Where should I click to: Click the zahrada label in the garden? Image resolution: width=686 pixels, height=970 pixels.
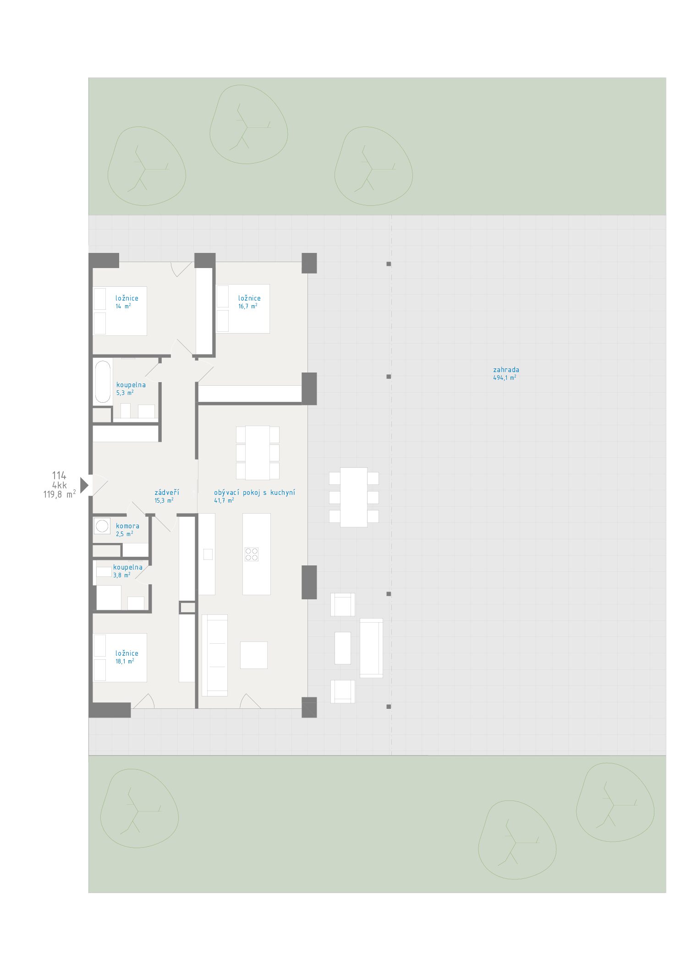pyautogui.click(x=506, y=370)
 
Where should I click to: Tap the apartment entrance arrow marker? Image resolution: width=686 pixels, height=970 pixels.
pyautogui.click(x=84, y=485)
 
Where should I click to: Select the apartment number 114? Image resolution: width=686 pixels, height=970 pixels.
pyautogui.click(x=59, y=476)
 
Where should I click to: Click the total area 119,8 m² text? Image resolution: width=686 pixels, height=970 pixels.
pyautogui.click(x=60, y=494)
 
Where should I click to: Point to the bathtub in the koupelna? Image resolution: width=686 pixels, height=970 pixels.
pyautogui.click(x=103, y=381)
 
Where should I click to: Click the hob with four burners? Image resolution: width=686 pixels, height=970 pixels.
pyautogui.click(x=252, y=554)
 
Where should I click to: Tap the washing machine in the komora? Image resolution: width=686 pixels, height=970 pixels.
pyautogui.click(x=102, y=526)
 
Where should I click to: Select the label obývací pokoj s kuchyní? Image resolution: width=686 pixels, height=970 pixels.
pyautogui.click(x=254, y=493)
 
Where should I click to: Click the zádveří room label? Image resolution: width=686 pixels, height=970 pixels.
pyautogui.click(x=166, y=493)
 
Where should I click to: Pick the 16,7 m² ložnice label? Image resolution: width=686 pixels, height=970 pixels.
pyautogui.click(x=249, y=298)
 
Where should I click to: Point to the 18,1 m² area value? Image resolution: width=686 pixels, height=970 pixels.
pyautogui.click(x=125, y=661)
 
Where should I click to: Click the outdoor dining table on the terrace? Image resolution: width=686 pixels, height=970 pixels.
pyautogui.click(x=354, y=497)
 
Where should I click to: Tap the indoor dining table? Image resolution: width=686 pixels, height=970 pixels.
pyautogui.click(x=258, y=453)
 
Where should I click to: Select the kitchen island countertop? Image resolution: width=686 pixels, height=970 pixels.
pyautogui.click(x=257, y=554)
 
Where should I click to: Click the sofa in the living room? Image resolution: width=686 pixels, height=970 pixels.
pyautogui.click(x=214, y=655)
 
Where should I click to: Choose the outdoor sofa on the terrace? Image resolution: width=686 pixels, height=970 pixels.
pyautogui.click(x=371, y=648)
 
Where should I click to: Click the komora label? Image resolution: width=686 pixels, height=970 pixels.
pyautogui.click(x=127, y=526)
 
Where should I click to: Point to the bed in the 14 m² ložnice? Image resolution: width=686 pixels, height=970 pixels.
pyautogui.click(x=120, y=311)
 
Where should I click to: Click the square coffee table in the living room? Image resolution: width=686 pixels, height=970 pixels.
pyautogui.click(x=254, y=655)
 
